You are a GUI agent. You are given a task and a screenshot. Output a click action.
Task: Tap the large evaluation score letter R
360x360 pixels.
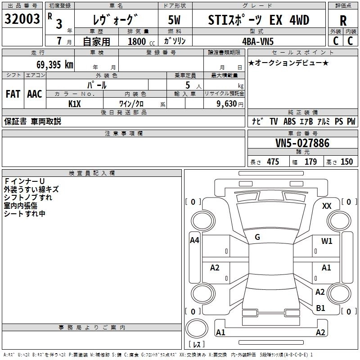pyautogui.click(x=343, y=21)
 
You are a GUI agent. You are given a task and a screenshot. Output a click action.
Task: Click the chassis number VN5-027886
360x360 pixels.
pyautogui.click(x=302, y=144)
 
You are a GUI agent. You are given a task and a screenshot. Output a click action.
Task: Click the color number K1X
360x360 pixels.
pyautogui.click(x=75, y=103)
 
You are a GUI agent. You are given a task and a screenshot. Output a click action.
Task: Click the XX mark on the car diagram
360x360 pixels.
pyautogui.click(x=327, y=206)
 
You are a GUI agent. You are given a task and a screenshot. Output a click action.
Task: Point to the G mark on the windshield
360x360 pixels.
pyautogui.click(x=257, y=237)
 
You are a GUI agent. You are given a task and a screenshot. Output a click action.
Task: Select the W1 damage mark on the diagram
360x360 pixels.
pyautogui.click(x=327, y=241)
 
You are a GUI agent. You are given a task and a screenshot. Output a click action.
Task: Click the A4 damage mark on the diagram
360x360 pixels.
pyautogui.click(x=194, y=240)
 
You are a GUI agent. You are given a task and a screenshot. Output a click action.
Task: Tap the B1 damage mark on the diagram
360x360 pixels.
pyautogui.click(x=320, y=308)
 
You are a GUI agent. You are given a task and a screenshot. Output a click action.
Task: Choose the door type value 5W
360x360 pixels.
pyautogui.click(x=175, y=20)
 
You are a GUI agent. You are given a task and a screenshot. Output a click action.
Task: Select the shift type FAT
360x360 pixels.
pyautogui.click(x=13, y=94)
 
